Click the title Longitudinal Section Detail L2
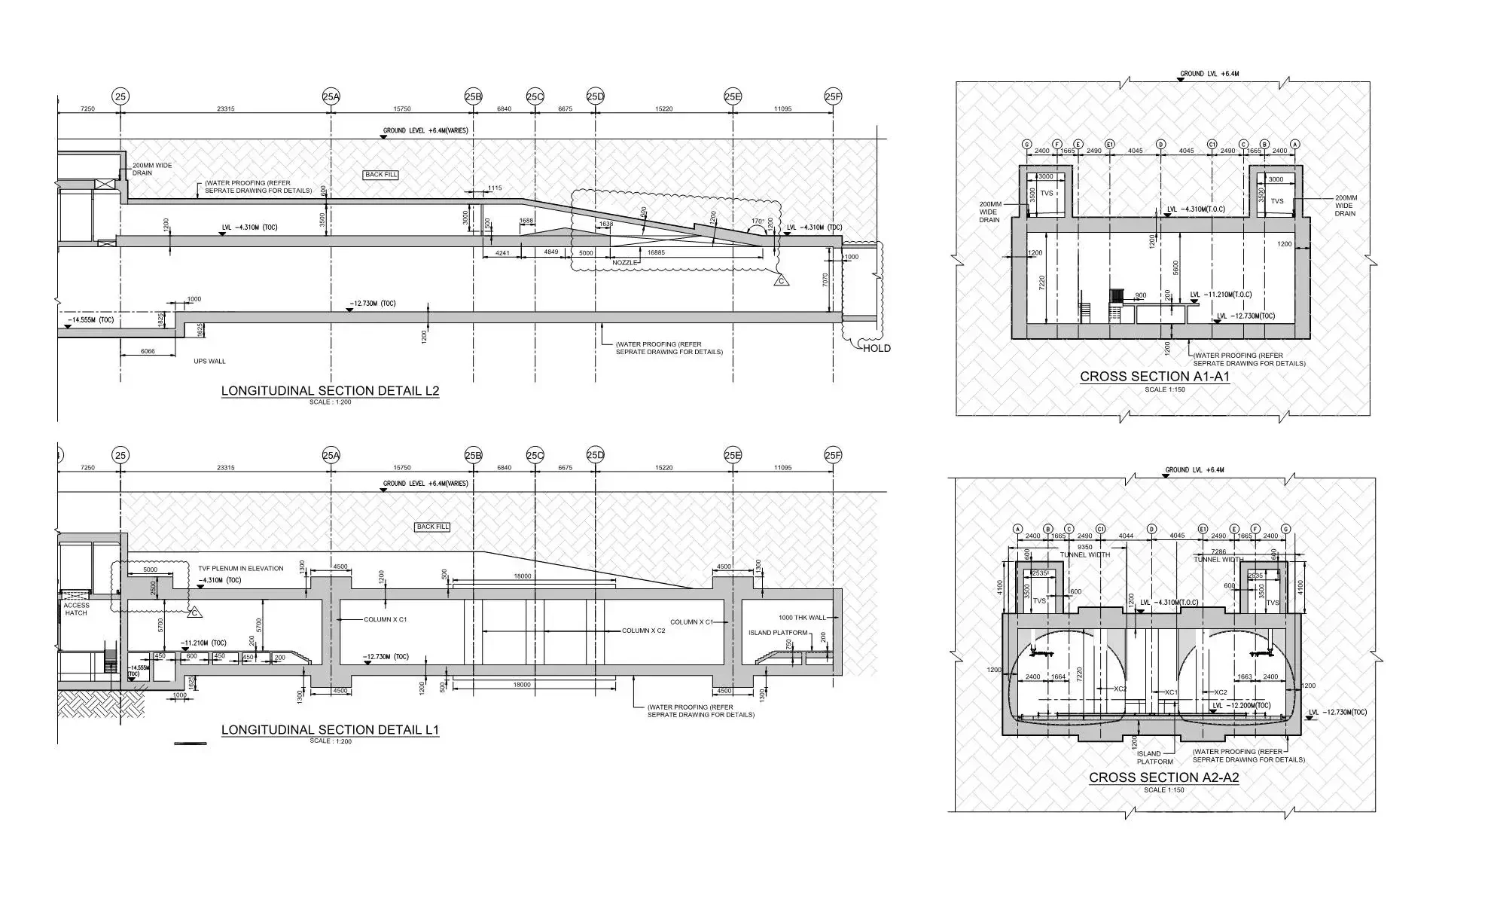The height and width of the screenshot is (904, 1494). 330,391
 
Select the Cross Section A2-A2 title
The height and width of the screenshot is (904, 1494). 1163,777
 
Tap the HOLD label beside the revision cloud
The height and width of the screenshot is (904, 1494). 877,348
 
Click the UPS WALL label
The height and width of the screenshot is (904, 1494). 209,362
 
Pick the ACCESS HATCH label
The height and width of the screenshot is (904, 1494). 76,609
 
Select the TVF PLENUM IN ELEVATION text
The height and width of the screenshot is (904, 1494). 241,569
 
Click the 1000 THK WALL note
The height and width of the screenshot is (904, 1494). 802,618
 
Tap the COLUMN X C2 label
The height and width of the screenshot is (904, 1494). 643,631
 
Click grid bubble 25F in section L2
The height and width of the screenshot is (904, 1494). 833,96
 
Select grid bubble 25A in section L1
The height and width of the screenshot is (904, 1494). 331,455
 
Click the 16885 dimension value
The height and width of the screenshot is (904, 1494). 656,253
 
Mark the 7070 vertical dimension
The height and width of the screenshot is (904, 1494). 826,280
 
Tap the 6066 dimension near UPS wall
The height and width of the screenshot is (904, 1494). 148,352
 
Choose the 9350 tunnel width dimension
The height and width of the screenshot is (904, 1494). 1085,547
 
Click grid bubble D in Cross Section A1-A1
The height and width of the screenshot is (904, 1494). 1160,144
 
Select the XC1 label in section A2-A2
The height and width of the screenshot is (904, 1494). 1171,692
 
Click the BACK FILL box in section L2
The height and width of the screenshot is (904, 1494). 381,175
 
